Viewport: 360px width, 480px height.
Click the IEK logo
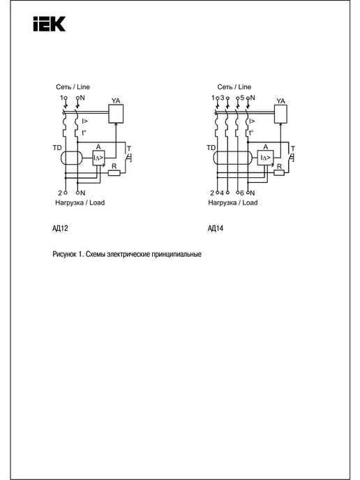(x=50, y=24)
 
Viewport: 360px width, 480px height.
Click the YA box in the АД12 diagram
(x=116, y=114)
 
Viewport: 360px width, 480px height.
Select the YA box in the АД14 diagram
(x=280, y=114)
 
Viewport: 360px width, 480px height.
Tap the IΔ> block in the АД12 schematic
(x=98, y=158)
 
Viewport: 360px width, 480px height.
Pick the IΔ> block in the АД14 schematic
(x=265, y=158)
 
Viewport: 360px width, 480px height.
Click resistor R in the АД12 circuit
(x=114, y=173)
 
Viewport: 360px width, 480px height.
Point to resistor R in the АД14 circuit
(x=279, y=173)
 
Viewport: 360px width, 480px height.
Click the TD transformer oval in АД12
(x=72, y=158)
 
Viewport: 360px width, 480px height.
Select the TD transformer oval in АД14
(x=232, y=158)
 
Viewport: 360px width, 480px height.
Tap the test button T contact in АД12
(x=128, y=158)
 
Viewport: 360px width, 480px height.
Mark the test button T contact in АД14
(x=291, y=158)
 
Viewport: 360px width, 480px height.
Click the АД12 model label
(x=60, y=228)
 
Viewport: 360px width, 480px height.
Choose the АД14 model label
(x=216, y=228)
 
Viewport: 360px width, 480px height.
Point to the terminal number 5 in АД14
(x=242, y=98)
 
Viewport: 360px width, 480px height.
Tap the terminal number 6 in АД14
(x=242, y=193)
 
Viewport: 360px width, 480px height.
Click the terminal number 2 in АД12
(x=60, y=193)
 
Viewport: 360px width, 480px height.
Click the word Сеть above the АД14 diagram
(x=225, y=87)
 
